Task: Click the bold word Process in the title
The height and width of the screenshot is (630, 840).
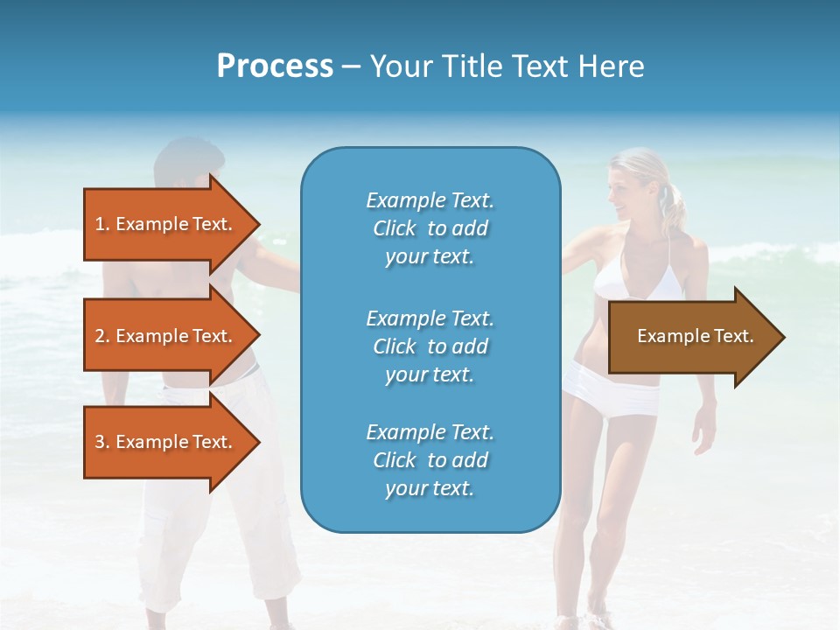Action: tap(275, 66)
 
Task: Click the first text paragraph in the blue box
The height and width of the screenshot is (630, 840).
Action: tap(430, 228)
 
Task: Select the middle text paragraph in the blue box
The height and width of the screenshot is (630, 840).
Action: tap(430, 346)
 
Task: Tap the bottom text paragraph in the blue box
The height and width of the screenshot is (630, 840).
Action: tap(430, 460)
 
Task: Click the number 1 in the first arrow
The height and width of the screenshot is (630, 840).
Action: tap(100, 224)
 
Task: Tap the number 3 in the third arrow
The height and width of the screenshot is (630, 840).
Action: tap(100, 442)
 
